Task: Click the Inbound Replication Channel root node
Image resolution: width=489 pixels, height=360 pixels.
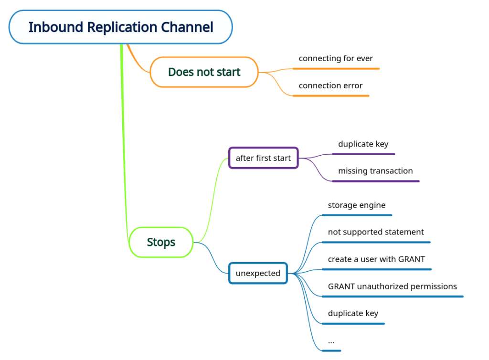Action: (x=120, y=27)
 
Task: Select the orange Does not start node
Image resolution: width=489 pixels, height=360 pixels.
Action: (x=204, y=72)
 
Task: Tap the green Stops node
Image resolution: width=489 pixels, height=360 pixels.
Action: (x=161, y=242)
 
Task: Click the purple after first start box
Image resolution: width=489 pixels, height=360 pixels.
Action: (x=263, y=158)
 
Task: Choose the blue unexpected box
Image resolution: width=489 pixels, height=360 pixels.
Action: (x=258, y=273)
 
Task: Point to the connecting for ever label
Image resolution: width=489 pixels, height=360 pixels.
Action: (x=336, y=58)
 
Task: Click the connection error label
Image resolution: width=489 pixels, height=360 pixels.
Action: (x=330, y=85)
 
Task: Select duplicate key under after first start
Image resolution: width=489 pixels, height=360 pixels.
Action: (x=363, y=144)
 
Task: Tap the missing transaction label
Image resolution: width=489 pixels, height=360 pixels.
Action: (x=375, y=171)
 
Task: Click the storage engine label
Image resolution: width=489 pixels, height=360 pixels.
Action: (x=356, y=205)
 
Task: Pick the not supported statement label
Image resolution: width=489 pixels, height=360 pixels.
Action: (x=376, y=232)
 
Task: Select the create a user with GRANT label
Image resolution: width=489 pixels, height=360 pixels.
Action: (x=376, y=259)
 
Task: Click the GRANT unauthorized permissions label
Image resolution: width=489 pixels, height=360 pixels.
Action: (x=392, y=286)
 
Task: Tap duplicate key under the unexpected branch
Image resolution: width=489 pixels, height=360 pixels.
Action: (x=353, y=313)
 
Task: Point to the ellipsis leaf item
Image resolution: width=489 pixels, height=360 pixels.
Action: (x=331, y=341)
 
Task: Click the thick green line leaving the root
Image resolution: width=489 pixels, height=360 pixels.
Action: (x=124, y=143)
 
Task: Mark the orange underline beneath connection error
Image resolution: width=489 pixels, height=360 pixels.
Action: (x=331, y=96)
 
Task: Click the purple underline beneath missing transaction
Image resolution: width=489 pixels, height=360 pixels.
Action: (x=375, y=181)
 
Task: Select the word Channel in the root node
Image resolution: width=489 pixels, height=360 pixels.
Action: (x=188, y=27)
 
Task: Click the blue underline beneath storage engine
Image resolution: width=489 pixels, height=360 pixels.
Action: (x=357, y=215)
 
